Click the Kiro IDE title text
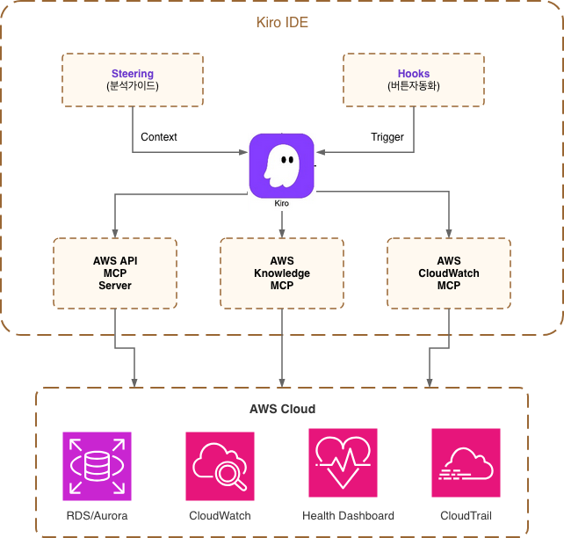[x=282, y=22]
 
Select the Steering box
[x=133, y=80]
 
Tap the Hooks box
[x=414, y=80]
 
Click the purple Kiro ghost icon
[x=282, y=166]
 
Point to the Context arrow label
[x=159, y=137]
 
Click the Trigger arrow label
[x=387, y=137]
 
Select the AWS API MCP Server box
[x=115, y=273]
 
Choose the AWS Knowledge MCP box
[x=282, y=273]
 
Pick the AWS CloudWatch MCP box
[x=449, y=273]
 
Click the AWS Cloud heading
[x=282, y=409]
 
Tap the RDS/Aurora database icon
[x=98, y=466]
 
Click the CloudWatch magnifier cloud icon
[x=221, y=466]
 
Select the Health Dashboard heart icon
[x=343, y=462]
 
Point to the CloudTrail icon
[x=466, y=462]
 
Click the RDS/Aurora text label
[x=98, y=516]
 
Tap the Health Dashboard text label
[x=348, y=516]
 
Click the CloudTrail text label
[x=466, y=516]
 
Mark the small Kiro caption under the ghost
[x=282, y=203]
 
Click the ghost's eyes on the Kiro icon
[x=287, y=159]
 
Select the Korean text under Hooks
[x=414, y=86]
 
